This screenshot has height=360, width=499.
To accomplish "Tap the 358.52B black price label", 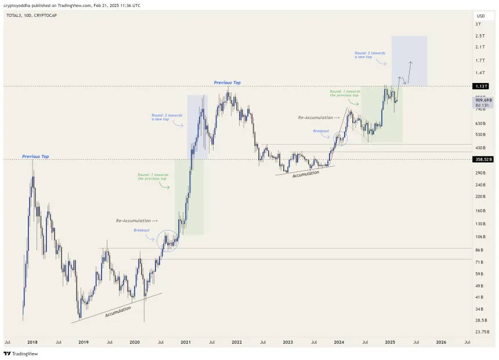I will (483, 159).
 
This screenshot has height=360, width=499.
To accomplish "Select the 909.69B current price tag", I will (483, 100).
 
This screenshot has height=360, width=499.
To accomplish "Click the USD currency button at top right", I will (480, 16).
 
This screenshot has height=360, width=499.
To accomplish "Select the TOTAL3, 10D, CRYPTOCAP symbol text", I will (32, 15).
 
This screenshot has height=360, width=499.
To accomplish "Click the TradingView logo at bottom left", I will (17, 354).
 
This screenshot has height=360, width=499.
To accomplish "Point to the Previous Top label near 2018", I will (35, 156).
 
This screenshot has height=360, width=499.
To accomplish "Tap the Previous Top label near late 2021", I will (227, 83).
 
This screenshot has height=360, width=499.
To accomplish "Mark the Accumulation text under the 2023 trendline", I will (305, 174).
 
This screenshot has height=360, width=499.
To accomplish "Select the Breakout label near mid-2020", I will (142, 230).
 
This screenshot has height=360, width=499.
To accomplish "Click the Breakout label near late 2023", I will (321, 131).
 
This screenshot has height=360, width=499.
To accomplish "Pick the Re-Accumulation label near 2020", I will (137, 221).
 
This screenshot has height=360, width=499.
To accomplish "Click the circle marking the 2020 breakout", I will (168, 240).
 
